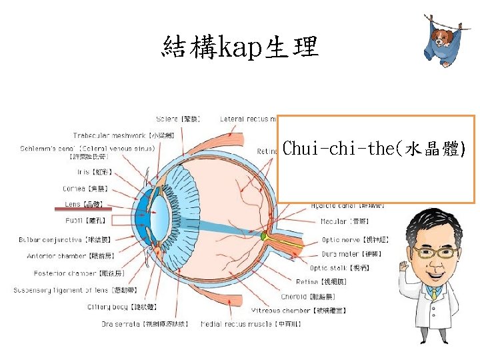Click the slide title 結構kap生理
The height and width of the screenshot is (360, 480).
(240, 47)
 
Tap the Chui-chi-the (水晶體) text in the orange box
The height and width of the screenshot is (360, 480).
(374, 149)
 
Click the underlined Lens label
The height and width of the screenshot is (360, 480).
(83, 204)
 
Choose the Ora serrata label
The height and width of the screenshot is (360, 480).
(144, 324)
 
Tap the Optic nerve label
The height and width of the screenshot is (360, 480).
(355, 239)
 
